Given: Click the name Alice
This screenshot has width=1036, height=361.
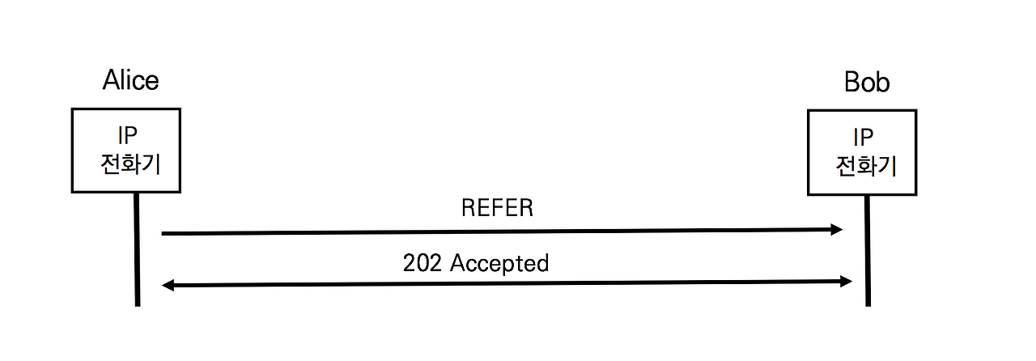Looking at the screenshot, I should click(x=130, y=80).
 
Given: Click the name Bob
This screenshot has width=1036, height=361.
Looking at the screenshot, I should click(x=867, y=83).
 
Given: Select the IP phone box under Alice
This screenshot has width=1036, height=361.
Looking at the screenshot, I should click(x=126, y=151).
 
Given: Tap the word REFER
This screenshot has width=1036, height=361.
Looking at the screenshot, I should click(x=497, y=208).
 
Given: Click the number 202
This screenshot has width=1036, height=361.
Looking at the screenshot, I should click(x=422, y=263).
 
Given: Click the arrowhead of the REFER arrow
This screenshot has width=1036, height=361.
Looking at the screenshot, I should click(x=837, y=230).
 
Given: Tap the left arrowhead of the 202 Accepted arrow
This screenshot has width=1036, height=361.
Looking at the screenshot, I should click(x=168, y=285).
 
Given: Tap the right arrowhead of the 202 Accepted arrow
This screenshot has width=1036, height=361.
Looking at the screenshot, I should click(x=847, y=282).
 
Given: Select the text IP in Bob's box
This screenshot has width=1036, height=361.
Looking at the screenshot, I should click(x=865, y=138).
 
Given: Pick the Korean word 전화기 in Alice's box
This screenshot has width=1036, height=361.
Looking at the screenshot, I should click(x=129, y=164).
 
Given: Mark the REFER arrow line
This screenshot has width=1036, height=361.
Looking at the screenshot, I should click(x=502, y=232).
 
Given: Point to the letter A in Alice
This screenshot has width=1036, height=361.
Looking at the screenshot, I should click(x=112, y=80).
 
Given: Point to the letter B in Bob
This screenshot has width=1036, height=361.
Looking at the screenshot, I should click(x=852, y=83).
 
